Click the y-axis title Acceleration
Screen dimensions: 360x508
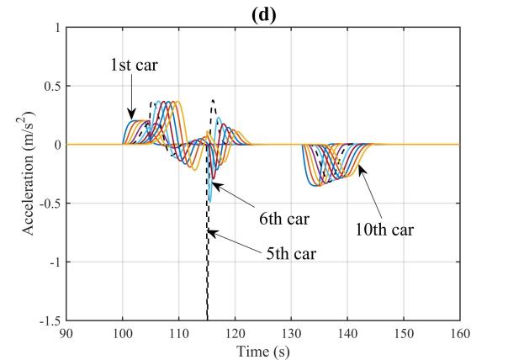pyautogui.click(x=37, y=176)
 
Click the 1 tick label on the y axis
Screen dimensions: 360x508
pyautogui.click(x=56, y=28)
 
